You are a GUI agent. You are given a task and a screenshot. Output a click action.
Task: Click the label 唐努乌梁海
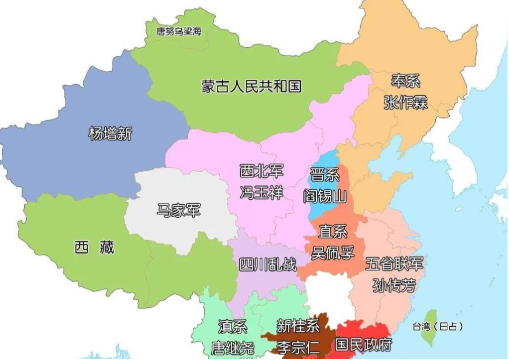(179, 31)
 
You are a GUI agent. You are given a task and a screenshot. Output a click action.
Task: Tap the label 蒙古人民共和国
(252, 86)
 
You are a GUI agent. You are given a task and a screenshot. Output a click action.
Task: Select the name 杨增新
(111, 133)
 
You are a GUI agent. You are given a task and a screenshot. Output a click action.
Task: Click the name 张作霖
(405, 102)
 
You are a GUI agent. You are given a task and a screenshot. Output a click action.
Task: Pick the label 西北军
(261, 172)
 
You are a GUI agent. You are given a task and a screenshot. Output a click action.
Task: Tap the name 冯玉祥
(261, 193)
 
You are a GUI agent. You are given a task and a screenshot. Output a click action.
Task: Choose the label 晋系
(325, 175)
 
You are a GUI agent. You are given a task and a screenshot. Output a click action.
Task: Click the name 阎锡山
(325, 196)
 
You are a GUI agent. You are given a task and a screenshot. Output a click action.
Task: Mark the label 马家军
(179, 210)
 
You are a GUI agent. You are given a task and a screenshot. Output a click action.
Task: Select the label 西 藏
(94, 247)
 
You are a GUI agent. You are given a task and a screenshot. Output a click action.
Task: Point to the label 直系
(333, 232)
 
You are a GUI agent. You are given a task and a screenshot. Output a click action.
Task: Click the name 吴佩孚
(333, 252)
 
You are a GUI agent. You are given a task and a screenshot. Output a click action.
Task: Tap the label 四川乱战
(267, 264)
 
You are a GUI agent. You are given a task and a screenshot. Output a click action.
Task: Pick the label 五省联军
(394, 264)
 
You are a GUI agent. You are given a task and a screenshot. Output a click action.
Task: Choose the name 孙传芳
(394, 285)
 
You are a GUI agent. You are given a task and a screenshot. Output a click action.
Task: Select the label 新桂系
(298, 327)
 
